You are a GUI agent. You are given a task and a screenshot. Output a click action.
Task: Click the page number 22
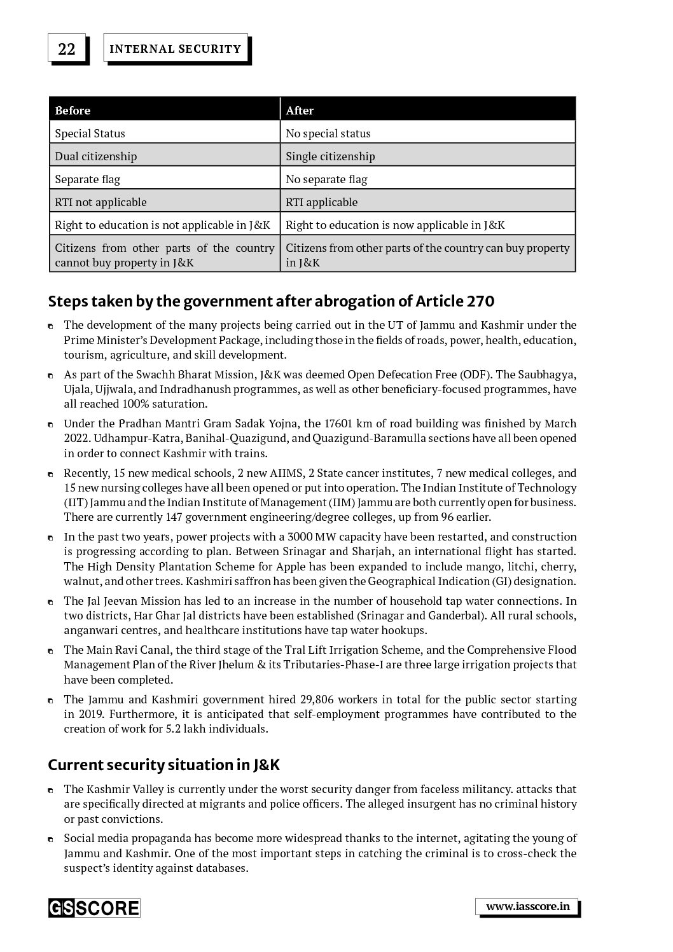[x=66, y=49]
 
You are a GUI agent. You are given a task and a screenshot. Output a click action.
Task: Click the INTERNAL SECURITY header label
[x=175, y=49]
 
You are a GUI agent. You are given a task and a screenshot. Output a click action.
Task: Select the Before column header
[x=73, y=110]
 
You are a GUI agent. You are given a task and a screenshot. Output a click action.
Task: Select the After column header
[x=300, y=110]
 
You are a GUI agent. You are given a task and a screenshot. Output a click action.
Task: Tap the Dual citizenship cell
[x=95, y=156]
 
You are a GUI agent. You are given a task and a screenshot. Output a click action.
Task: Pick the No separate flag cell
[x=326, y=179]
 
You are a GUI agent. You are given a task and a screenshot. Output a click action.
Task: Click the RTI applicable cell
[x=321, y=202]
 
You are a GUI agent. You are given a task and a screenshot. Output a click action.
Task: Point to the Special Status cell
[x=90, y=133]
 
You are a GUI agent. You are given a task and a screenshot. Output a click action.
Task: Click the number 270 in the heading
[x=481, y=301]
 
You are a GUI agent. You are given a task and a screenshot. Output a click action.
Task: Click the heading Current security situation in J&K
[x=163, y=764]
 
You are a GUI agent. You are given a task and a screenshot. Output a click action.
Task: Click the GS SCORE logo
[x=94, y=907]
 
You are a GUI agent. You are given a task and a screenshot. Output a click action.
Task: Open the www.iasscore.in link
[x=527, y=906]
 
